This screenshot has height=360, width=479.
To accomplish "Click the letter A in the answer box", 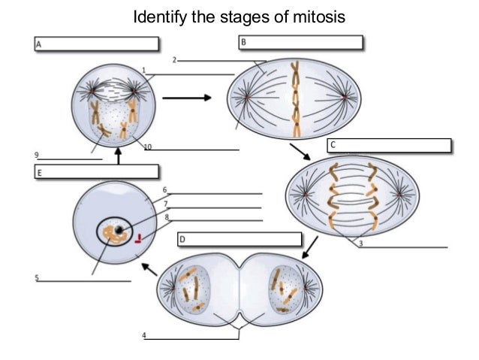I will pos(39,45).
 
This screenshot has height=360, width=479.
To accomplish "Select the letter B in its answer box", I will pos(243,43).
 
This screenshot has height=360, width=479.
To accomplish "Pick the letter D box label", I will pos(182,240).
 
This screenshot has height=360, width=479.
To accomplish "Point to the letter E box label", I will pos(39,173).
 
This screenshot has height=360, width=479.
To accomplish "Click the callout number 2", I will pos(174,59).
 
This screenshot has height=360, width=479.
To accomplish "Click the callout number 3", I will pos(361,244).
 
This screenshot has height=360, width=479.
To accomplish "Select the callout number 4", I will pos(144,334).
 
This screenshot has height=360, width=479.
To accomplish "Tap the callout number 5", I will pos(36,278).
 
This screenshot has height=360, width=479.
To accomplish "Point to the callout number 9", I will pos(36,154).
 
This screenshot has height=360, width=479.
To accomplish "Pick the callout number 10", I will pos(148,147).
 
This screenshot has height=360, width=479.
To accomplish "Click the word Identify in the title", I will pos(158,16).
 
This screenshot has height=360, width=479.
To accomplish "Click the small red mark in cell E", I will pos(137,241).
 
